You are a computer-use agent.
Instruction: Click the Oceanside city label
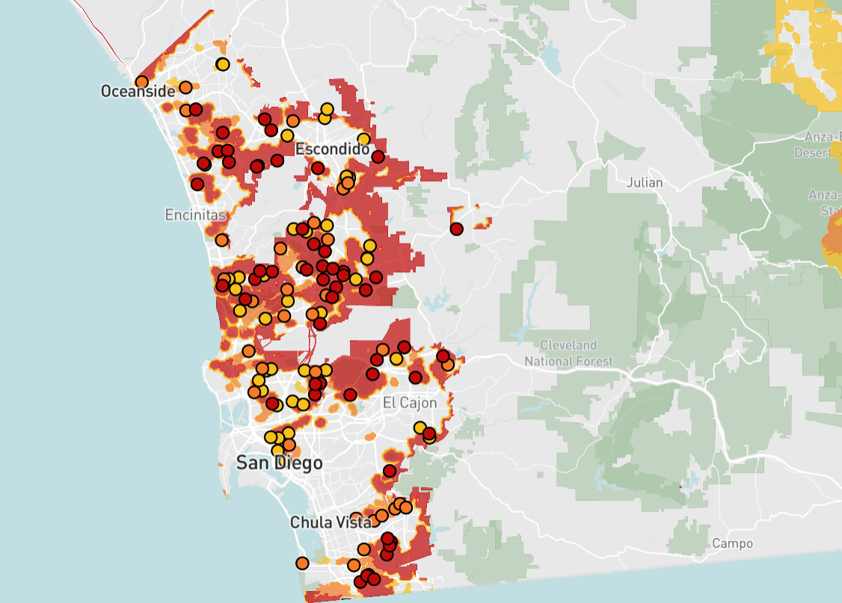(138, 91)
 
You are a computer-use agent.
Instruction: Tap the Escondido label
(332, 149)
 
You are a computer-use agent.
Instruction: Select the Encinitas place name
(195, 215)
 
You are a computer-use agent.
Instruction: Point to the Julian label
(645, 182)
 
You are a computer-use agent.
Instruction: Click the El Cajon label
(409, 403)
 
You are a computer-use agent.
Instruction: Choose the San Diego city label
(280, 463)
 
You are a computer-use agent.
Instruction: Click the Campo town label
(732, 543)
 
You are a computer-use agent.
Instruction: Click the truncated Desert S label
(820, 152)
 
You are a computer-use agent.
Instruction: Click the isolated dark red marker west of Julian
(456, 229)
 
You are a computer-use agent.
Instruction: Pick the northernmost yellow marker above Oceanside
(222, 64)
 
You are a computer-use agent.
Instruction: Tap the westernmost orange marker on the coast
(142, 82)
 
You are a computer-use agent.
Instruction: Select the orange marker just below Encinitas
(222, 241)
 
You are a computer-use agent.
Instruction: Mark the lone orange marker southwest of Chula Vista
(302, 563)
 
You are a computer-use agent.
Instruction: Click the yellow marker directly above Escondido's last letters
(363, 139)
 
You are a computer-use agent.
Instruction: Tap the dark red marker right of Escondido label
(378, 157)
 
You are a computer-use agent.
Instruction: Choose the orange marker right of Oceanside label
(185, 87)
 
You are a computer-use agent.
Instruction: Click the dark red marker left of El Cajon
(350, 395)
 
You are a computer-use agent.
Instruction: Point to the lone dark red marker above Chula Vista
(390, 471)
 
